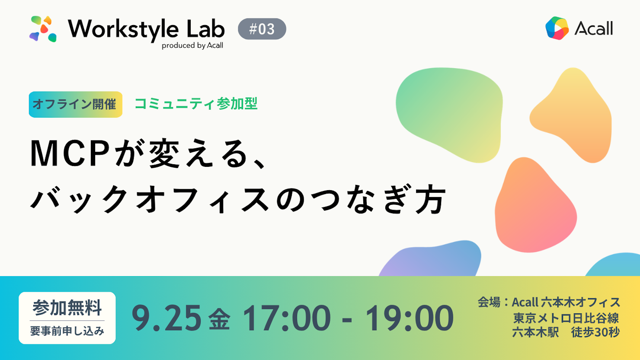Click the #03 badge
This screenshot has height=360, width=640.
[262, 29]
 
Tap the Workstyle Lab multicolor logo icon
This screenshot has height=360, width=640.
[43, 29]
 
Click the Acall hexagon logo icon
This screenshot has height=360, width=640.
[557, 28]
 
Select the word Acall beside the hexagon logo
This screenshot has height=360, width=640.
[594, 28]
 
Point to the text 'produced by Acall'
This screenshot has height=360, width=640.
[192, 46]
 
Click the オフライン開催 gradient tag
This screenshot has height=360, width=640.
[75, 105]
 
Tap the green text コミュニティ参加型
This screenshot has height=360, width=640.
[196, 104]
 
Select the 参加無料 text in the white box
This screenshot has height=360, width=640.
[67, 308]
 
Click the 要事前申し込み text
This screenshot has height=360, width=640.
[67, 331]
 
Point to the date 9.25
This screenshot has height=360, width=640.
[166, 318]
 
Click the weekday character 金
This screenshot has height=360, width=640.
[219, 319]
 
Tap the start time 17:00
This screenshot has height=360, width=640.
[286, 318]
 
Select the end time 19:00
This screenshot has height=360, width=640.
[410, 318]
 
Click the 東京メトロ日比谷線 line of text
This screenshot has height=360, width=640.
[566, 318]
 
